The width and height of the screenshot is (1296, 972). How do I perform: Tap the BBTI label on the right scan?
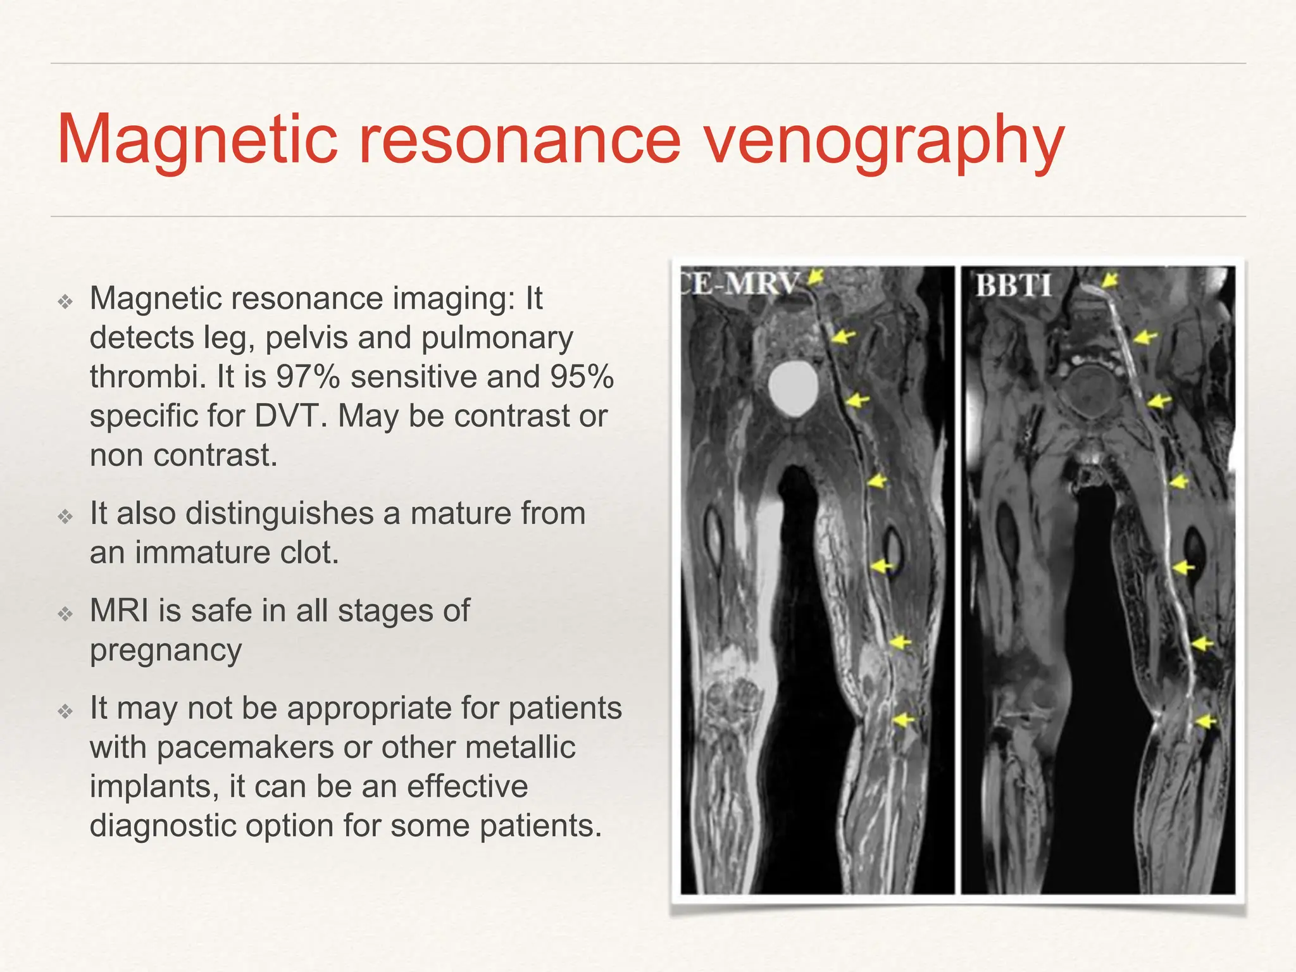pos(1013,285)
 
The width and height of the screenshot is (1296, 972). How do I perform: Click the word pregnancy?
pos(166,651)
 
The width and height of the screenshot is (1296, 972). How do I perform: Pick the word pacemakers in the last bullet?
pos(246,747)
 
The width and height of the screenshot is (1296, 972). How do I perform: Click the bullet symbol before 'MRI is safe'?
pos(66,613)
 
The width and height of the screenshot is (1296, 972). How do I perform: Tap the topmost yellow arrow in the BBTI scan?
pos(1109,280)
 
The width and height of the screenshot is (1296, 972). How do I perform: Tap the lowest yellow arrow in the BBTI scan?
pos(1206,721)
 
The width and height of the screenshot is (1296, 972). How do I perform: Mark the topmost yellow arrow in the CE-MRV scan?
pos(816,276)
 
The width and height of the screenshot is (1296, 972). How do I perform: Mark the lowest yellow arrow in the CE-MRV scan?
pos(904,720)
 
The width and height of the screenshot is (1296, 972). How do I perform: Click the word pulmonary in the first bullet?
pos(497,338)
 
